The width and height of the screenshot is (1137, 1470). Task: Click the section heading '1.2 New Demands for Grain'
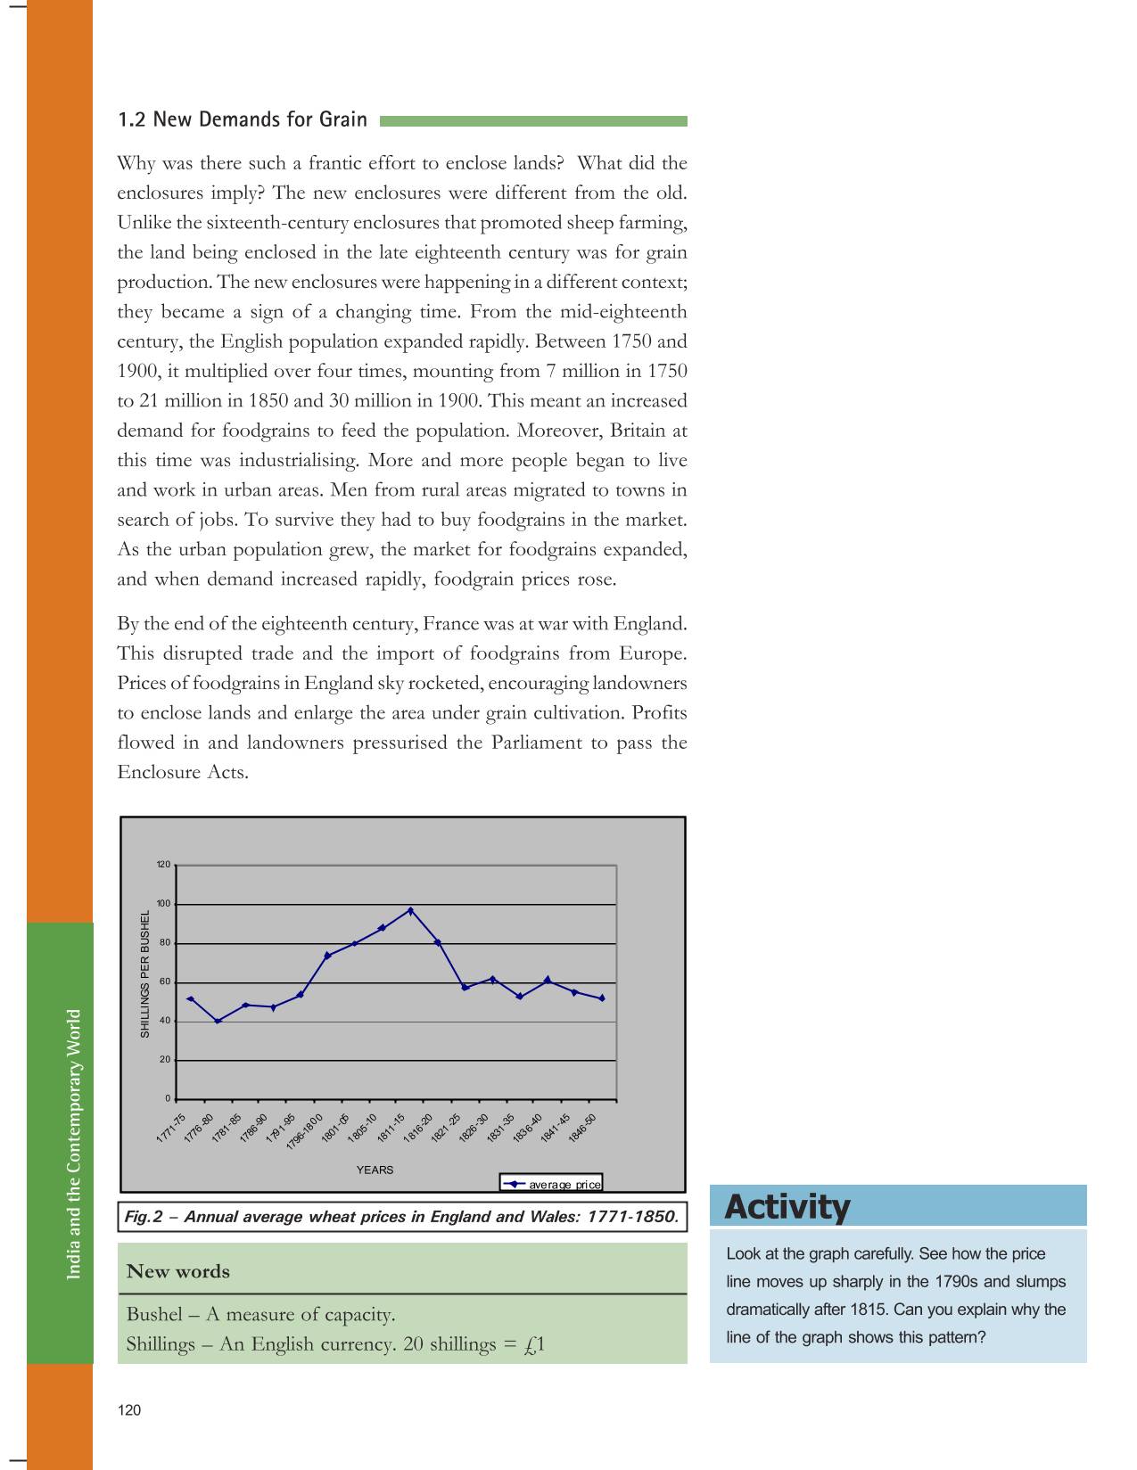243,119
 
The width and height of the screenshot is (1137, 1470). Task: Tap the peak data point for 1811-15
410,910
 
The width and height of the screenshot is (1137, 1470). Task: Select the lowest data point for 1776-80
218,1021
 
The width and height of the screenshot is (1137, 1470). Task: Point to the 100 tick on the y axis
164,904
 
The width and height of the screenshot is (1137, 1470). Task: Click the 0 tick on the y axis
168,1099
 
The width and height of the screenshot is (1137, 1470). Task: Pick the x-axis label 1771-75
171,1128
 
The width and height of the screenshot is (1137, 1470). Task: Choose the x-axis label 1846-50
582,1128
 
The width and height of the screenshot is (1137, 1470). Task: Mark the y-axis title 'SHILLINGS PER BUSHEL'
144,973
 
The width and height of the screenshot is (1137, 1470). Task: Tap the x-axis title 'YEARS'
375,1170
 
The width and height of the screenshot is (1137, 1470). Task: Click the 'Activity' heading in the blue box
787,1207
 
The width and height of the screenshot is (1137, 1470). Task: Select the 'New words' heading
178,1271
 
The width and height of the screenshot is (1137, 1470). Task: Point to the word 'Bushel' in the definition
154,1315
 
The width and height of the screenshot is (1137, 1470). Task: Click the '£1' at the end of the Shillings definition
534,1344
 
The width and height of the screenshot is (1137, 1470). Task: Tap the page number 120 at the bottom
129,1409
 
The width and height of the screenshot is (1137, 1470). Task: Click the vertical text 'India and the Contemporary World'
74,1144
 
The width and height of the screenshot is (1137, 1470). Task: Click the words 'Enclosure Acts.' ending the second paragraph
183,772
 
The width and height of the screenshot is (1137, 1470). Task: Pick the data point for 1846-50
602,998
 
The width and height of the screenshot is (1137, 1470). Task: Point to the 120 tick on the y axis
163,865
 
